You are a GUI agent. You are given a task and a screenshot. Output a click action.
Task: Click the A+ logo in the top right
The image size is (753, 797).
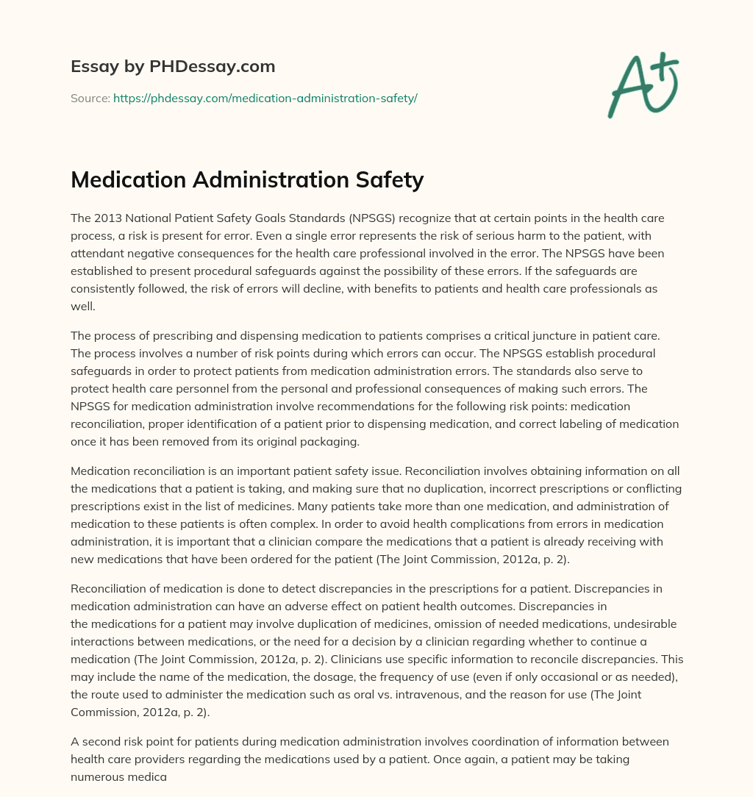tap(642, 85)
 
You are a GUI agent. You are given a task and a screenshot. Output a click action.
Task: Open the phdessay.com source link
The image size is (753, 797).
tap(265, 98)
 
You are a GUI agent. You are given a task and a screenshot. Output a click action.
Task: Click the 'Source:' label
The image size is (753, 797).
tap(90, 98)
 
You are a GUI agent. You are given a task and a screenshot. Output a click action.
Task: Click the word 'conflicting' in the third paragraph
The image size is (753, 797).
tap(652, 489)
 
